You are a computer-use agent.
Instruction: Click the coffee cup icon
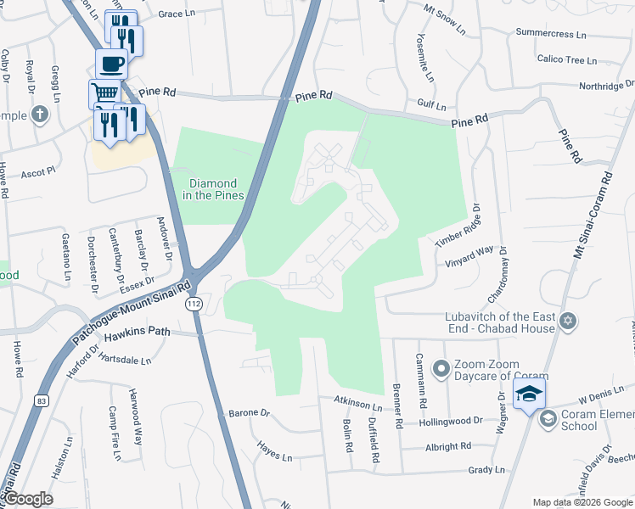coord(112,62)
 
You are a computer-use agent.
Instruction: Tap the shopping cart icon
coord(104,92)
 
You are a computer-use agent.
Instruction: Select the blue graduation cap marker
coord(529,394)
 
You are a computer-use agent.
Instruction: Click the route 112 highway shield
coord(194,304)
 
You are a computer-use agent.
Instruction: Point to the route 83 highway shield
coord(40,399)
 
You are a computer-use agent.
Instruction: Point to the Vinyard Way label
coord(469,257)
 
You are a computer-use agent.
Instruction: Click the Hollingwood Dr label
coord(450,420)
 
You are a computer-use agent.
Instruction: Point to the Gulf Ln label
coord(431,106)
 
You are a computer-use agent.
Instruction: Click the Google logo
coord(28,499)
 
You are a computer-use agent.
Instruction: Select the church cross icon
coord(40,114)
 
